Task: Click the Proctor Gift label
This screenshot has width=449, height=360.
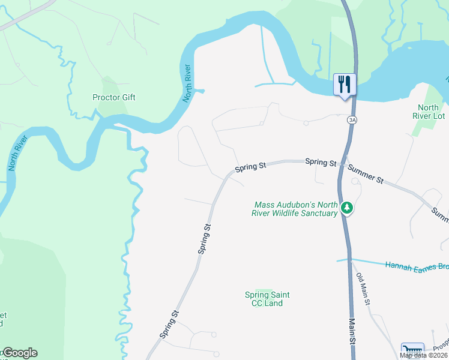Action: pyautogui.click(x=114, y=97)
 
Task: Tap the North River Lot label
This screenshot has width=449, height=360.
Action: pyautogui.click(x=432, y=112)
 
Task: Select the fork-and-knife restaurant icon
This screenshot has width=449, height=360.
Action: pyautogui.click(x=345, y=85)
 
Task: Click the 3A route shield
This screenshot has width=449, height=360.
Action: pyautogui.click(x=352, y=120)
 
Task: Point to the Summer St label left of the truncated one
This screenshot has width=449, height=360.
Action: pyautogui.click(x=365, y=173)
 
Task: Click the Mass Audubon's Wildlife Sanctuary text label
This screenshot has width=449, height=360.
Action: pyautogui.click(x=297, y=209)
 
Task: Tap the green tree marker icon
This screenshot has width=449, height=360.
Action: pyautogui.click(x=347, y=208)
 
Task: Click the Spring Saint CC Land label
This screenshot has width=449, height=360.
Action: pyautogui.click(x=267, y=299)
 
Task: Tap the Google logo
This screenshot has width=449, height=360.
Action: pyautogui.click(x=19, y=353)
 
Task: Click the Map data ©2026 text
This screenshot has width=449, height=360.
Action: pyautogui.click(x=423, y=355)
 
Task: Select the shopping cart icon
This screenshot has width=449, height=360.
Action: pyautogui.click(x=412, y=351)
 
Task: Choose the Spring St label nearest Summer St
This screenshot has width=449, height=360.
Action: pyautogui.click(x=321, y=162)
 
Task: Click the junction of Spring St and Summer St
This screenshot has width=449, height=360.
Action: pyautogui.click(x=342, y=163)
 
